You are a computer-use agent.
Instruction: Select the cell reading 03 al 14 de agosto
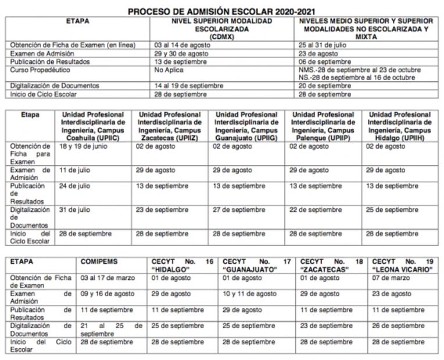tap(181, 45)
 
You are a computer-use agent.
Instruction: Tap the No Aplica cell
tap(169, 70)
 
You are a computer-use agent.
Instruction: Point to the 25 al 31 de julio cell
tap(322, 45)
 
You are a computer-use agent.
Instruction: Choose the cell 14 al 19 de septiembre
tap(189, 86)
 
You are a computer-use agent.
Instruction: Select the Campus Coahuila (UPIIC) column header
tap(93, 127)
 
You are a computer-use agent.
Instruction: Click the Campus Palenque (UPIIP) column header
tap(323, 127)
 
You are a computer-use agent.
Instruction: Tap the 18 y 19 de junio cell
tap(84, 147)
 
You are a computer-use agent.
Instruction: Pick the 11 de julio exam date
tap(76, 170)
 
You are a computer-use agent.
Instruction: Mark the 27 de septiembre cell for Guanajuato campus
tap(239, 210)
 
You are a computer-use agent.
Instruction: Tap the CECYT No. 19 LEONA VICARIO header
tap(403, 265)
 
